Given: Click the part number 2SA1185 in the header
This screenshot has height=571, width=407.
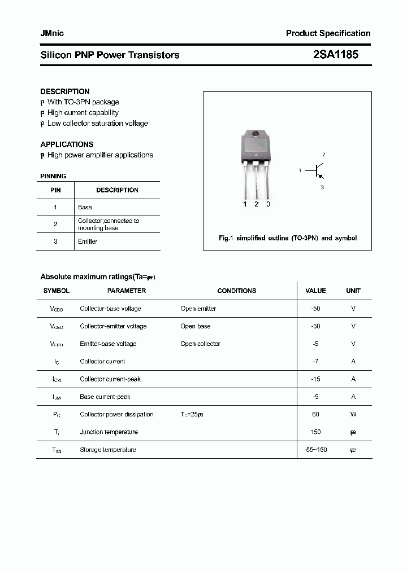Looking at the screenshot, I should point(335,55).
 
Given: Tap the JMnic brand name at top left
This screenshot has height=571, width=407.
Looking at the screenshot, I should point(52,33).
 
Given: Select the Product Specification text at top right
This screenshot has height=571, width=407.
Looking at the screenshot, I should point(328,33).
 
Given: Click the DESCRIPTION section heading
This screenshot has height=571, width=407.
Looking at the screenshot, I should point(65,91).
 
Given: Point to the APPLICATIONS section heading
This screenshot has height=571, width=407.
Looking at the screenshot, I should point(67,144).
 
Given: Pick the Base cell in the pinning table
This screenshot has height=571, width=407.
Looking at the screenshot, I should point(85,207).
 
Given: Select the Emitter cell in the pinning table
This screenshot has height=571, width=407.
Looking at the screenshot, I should point(88,241).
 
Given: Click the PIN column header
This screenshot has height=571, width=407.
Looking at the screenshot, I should point(55,190).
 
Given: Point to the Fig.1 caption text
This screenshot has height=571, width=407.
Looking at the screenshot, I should point(287,238).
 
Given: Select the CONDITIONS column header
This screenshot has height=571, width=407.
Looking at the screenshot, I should point(237,291).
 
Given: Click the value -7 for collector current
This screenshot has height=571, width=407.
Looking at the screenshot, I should point(315,362).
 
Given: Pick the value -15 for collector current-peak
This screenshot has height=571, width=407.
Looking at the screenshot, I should point(315,379).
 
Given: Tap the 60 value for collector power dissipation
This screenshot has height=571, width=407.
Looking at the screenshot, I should point(315,414).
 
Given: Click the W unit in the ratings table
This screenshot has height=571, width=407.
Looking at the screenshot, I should point(353,414).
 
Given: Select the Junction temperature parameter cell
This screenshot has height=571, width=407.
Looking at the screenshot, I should point(109,432).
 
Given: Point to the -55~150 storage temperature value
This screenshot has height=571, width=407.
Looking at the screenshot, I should point(315,450).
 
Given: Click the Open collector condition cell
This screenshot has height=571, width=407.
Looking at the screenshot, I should point(200,344).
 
